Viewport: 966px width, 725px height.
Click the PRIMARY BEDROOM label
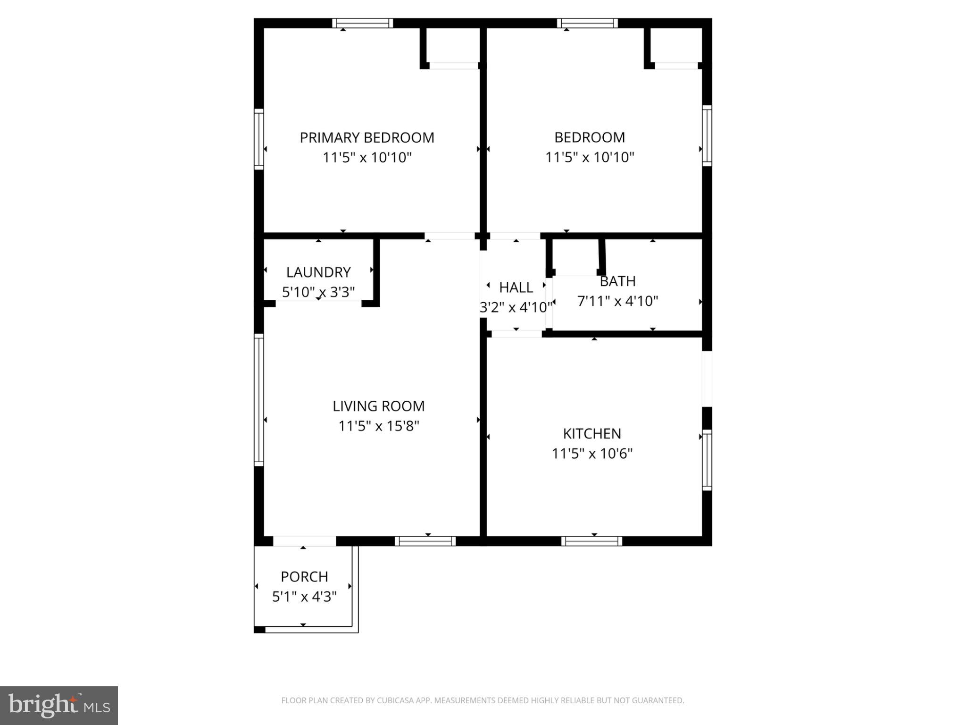[367, 137]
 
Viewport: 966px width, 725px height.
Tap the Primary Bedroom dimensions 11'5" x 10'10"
[367, 157]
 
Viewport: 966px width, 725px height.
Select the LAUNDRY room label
[318, 272]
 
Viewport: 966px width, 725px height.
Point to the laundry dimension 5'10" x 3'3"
[318, 292]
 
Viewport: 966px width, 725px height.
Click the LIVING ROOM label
[379, 406]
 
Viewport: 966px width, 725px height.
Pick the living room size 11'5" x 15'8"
[379, 426]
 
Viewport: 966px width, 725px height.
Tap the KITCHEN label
[592, 433]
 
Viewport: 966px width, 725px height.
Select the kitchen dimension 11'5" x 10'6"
[592, 454]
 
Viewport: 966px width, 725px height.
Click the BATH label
[617, 281]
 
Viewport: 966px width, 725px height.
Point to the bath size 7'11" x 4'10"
[617, 301]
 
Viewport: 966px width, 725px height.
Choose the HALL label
[516, 287]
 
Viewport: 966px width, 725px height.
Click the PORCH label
[304, 576]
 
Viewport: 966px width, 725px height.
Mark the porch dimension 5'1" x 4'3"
[304, 597]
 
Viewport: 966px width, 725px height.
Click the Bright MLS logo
[59, 706]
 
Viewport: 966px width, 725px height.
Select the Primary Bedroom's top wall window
[362, 23]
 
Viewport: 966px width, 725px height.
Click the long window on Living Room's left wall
[258, 400]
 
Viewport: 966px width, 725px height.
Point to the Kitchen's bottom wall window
[591, 541]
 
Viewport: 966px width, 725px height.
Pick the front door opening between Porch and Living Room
[304, 541]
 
